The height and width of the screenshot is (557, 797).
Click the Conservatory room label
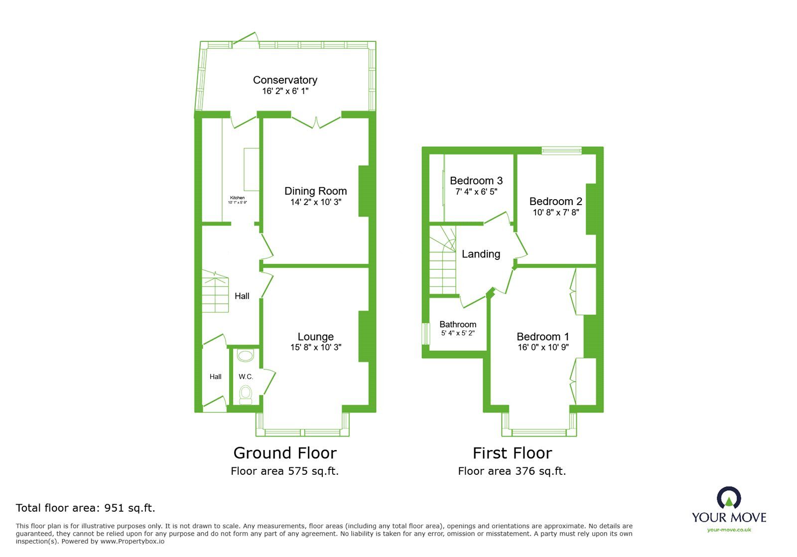click(x=285, y=80)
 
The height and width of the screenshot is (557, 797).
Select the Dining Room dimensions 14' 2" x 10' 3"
click(x=315, y=202)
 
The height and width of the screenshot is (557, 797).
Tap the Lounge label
click(x=315, y=337)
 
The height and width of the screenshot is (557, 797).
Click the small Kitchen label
click(x=237, y=198)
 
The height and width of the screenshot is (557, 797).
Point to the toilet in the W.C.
click(x=246, y=394)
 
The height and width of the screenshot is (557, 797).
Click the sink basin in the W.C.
click(x=245, y=355)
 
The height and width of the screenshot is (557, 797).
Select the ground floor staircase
click(x=215, y=292)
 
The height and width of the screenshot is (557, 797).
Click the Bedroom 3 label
click(x=476, y=181)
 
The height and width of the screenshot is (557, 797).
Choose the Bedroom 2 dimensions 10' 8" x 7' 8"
click(x=555, y=213)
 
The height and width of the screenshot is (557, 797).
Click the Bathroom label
click(x=458, y=325)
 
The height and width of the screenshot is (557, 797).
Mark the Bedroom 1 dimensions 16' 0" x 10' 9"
click(x=543, y=347)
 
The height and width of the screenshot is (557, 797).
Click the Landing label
click(x=481, y=254)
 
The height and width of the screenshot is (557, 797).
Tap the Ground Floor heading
click(x=285, y=453)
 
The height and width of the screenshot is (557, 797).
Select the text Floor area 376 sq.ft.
click(x=512, y=471)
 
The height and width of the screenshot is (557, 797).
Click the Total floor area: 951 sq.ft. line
click(x=86, y=508)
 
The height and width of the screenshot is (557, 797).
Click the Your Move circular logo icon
click(x=729, y=498)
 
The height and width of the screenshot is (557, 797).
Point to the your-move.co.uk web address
click(x=729, y=530)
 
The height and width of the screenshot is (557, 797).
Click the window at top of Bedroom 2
click(x=561, y=150)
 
